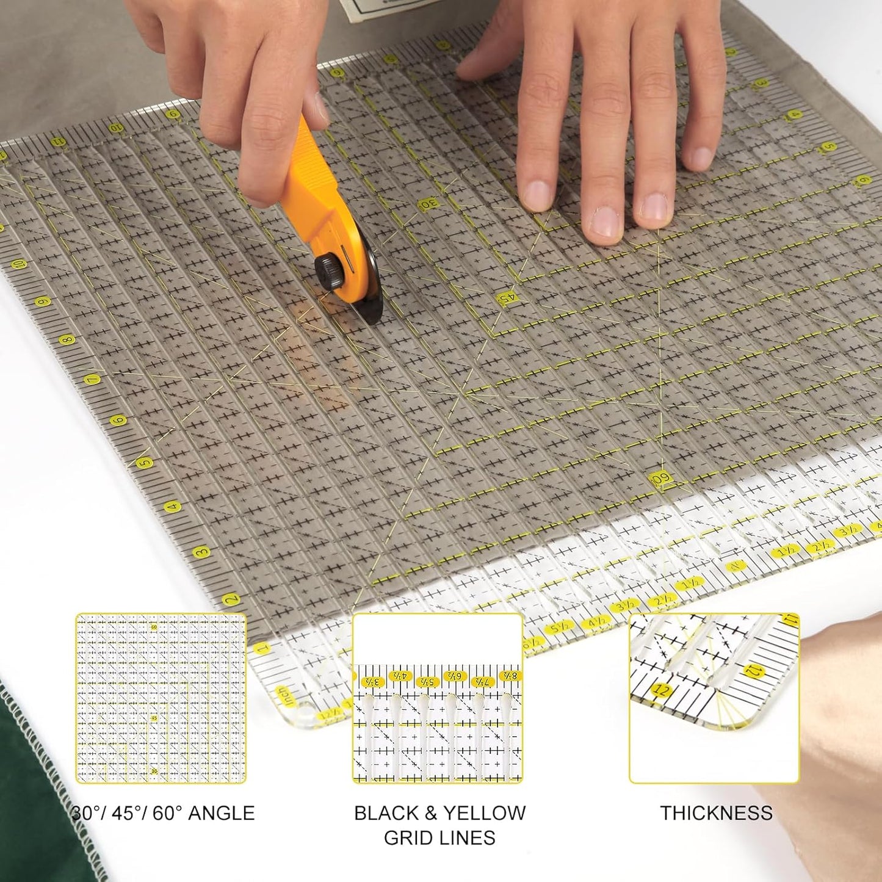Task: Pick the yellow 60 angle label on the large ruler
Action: coord(660,480)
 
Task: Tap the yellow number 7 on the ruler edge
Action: coord(93,380)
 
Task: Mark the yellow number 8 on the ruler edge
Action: coord(67,339)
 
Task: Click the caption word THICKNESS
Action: coord(716,813)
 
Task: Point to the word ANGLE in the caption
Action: coord(221,813)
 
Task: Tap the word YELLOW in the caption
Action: coord(484,813)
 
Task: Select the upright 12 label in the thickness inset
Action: coord(660,690)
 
